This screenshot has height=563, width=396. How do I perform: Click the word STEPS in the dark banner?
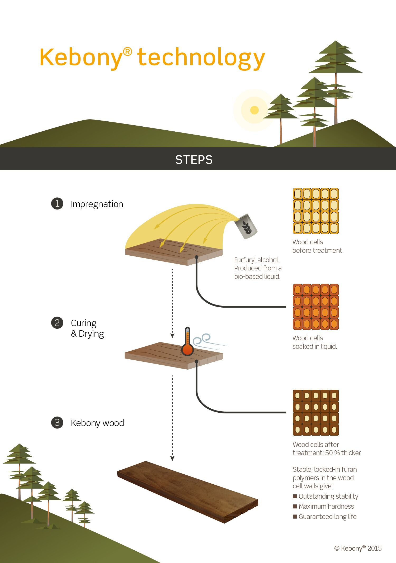[194, 160]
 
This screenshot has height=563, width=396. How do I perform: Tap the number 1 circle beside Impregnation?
[57, 204]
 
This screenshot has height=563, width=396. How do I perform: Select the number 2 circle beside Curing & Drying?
[57, 323]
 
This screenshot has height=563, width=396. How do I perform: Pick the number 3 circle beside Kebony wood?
[57, 422]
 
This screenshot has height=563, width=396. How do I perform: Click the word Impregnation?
[97, 204]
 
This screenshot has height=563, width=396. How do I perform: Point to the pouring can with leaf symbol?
[246, 226]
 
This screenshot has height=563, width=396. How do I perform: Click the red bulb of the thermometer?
[187, 350]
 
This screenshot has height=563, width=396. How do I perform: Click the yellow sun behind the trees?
[254, 110]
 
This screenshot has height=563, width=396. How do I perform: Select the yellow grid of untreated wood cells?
[316, 211]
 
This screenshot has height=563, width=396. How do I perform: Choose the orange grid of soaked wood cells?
[316, 307]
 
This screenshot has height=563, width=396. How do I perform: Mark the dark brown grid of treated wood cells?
[316, 413]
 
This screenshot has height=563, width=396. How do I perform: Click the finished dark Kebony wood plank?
[187, 492]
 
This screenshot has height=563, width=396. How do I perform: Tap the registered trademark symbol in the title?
[128, 52]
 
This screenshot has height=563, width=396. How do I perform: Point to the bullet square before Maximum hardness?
[295, 506]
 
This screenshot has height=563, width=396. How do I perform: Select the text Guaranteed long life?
[328, 517]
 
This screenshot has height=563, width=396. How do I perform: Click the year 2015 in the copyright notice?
[374, 548]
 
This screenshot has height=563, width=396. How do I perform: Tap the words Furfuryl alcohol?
[257, 260]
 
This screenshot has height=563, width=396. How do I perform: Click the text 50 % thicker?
[343, 453]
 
